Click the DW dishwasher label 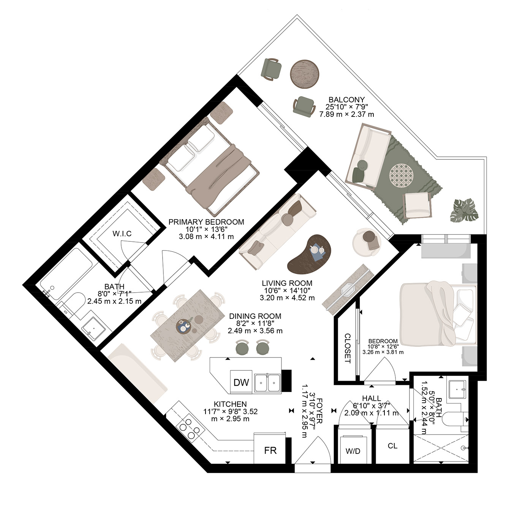pyautogui.click(x=241, y=383)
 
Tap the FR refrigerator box pyautogui.click(x=270, y=450)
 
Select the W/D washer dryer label pyautogui.click(x=353, y=451)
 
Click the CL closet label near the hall pyautogui.click(x=392, y=446)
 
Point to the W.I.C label pyautogui.click(x=122, y=233)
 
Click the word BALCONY pyautogui.click(x=346, y=100)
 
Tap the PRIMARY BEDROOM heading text pyautogui.click(x=206, y=222)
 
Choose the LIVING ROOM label pyautogui.click(x=287, y=283)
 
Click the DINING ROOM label pyautogui.click(x=255, y=316)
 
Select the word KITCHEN pyautogui.click(x=230, y=404)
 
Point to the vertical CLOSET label pyautogui.click(x=348, y=348)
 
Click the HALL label pyautogui.click(x=372, y=398)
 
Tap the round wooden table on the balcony pyautogui.click(x=305, y=74)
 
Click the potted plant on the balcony pyautogui.click(x=464, y=210)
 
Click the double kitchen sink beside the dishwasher pyautogui.click(x=267, y=383)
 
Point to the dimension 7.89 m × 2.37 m pyautogui.click(x=346, y=114)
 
